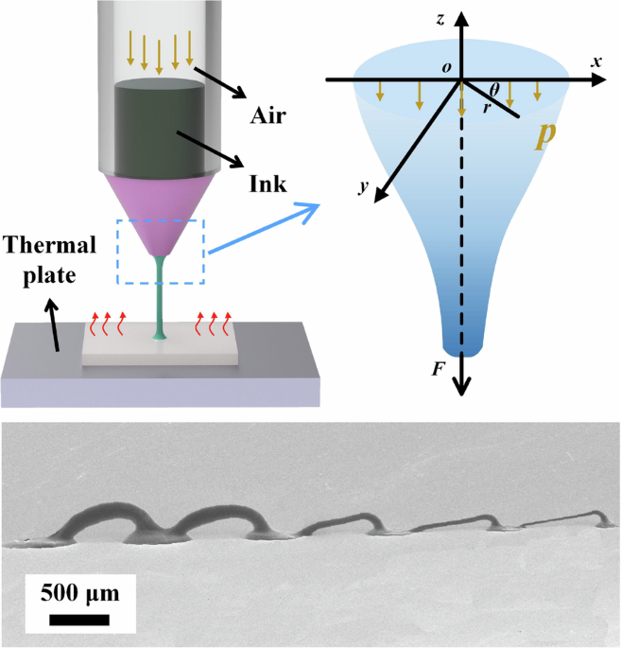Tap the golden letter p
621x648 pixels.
pyautogui.click(x=544, y=134)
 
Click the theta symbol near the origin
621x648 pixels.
pyautogui.click(x=494, y=90)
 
